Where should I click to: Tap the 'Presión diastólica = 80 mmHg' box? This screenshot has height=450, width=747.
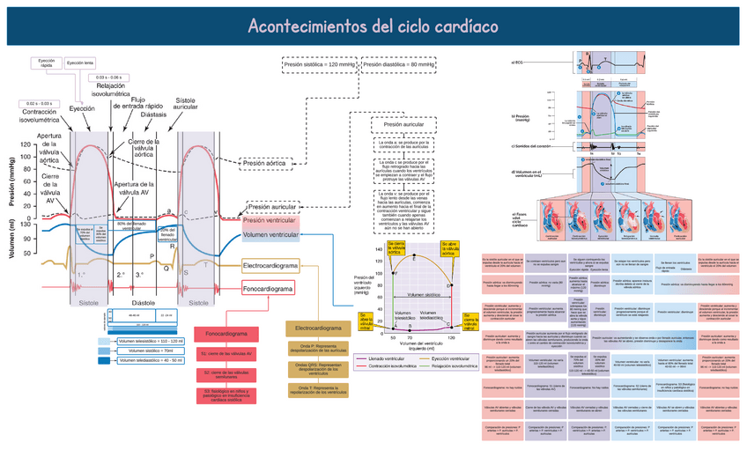click(x=399, y=65)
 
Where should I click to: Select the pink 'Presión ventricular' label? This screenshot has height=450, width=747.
click(x=271, y=221)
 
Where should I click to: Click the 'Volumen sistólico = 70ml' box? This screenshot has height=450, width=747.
click(x=144, y=350)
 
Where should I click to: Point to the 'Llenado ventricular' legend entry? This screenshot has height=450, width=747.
click(x=388, y=359)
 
